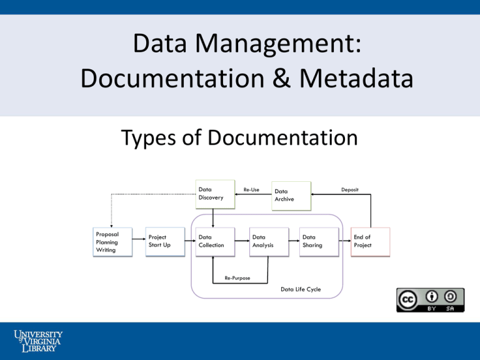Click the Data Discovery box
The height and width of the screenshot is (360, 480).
click(x=215, y=194)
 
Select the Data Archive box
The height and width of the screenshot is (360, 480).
click(x=291, y=196)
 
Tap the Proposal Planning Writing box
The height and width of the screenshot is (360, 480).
click(x=112, y=242)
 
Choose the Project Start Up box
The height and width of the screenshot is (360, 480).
click(x=165, y=242)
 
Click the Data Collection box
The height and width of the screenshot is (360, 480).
click(x=215, y=242)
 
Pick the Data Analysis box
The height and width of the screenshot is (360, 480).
click(x=269, y=242)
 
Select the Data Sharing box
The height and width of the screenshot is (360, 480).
click(x=319, y=242)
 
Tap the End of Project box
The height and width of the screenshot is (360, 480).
click(x=371, y=242)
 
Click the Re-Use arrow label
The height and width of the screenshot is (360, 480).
click(x=251, y=190)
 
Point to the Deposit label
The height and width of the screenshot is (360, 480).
click(x=350, y=190)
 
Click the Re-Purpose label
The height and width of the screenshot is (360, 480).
click(x=237, y=278)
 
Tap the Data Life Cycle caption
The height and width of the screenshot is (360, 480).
click(x=301, y=289)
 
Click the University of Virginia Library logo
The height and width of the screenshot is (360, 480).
click(x=38, y=341)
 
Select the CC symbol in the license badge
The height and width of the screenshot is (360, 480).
click(x=407, y=299)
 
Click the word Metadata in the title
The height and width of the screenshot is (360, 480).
click(x=356, y=78)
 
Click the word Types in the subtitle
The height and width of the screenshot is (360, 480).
click(x=148, y=138)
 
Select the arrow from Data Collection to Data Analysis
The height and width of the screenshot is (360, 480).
click(x=242, y=241)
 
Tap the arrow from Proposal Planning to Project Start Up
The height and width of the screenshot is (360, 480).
click(x=139, y=239)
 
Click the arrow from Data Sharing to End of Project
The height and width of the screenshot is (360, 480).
click(x=345, y=241)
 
